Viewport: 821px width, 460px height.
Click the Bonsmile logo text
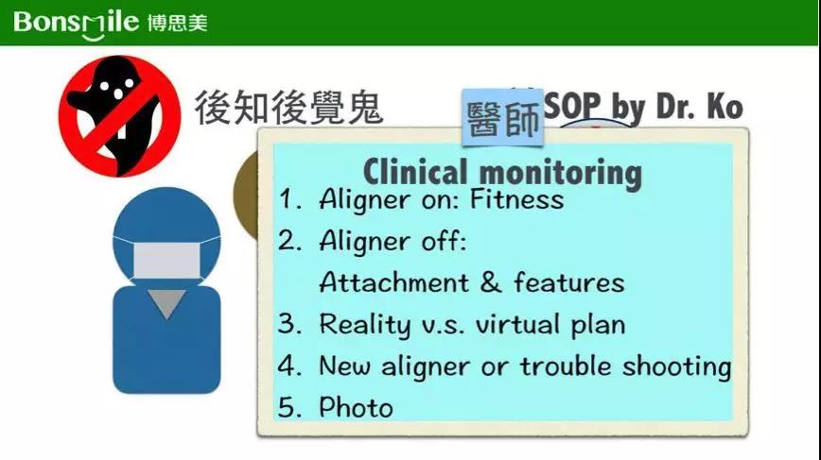pyautogui.click(x=76, y=24)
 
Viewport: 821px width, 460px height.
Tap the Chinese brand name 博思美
pyautogui.click(x=178, y=23)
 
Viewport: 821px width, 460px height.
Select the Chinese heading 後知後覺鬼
pyautogui.click(x=288, y=107)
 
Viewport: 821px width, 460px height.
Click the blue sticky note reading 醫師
pyautogui.click(x=502, y=118)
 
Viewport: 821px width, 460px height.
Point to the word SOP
pyautogui.click(x=571, y=106)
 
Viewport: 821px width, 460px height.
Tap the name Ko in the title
pyautogui.click(x=725, y=106)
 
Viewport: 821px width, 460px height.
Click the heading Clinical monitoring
pyautogui.click(x=502, y=172)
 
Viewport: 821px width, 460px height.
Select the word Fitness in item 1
pyautogui.click(x=516, y=199)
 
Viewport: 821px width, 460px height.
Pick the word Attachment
pyautogui.click(x=393, y=282)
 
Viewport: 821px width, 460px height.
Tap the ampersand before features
pyautogui.click(x=491, y=282)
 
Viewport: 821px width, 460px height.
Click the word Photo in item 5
pyautogui.click(x=356, y=407)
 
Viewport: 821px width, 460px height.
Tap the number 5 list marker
pyautogui.click(x=289, y=407)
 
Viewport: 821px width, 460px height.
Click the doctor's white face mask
pyautogui.click(x=167, y=260)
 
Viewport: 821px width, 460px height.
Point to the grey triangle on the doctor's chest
pyautogui.click(x=167, y=303)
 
